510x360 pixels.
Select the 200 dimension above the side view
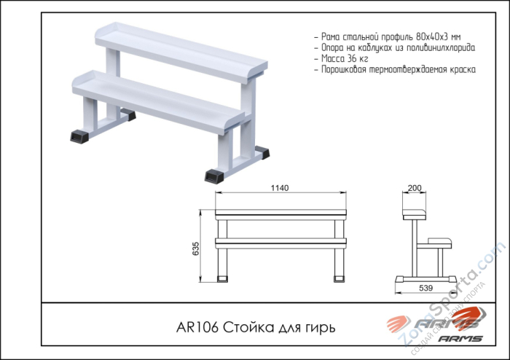click(415, 188)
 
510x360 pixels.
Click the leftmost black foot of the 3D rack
click(79, 136)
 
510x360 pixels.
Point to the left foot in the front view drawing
click(222, 278)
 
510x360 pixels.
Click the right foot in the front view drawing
click(340, 278)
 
